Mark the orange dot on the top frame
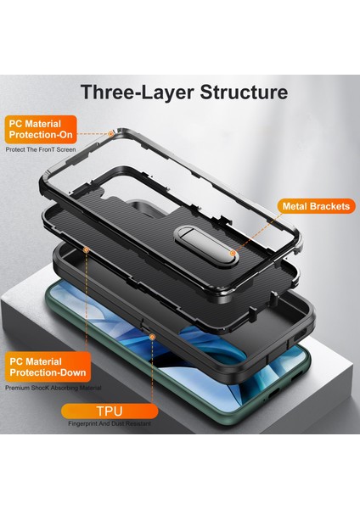tap(112, 132)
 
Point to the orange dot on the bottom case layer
tap(88, 251)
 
